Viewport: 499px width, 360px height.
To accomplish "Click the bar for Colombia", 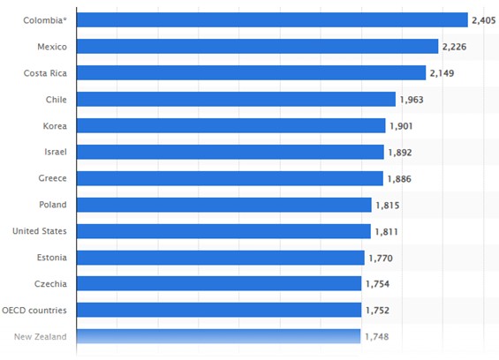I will click(272, 19).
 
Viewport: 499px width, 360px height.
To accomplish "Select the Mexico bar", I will click(258, 46).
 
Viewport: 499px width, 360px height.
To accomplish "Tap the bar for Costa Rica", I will click(252, 72).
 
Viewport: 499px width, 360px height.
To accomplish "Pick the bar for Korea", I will click(231, 125).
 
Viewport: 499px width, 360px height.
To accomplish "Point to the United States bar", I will click(223, 231).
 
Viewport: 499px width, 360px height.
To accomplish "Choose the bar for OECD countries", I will click(219, 310).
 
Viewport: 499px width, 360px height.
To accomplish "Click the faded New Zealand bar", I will click(219, 336).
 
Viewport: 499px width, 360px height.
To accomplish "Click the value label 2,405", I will click(485, 19).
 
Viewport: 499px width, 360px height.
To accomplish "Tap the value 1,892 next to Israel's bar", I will click(402, 153).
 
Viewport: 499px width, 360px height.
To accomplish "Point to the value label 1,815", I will click(389, 206).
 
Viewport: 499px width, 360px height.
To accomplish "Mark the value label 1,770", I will click(382, 258).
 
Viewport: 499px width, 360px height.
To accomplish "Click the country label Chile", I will click(56, 99).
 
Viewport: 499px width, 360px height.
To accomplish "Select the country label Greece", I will click(52, 178).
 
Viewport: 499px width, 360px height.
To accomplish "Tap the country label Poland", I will click(52, 205).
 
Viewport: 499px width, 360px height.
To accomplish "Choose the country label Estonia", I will click(51, 258).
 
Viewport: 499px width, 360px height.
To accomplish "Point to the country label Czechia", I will click(50, 284).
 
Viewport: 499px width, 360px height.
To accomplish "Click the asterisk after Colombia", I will click(64, 18).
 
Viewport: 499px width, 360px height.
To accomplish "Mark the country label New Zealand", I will click(39, 337).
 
